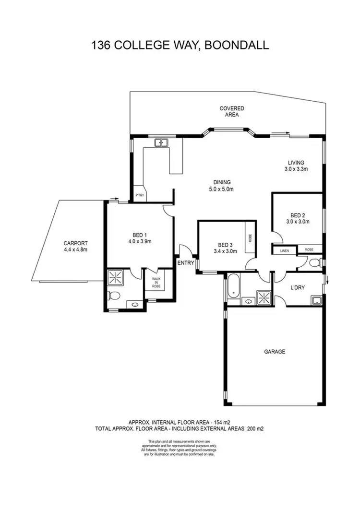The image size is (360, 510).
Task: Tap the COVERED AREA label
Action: pyautogui.click(x=232, y=111)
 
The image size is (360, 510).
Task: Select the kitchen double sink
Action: pyautogui.click(x=160, y=142)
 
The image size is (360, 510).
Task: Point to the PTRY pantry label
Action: pyautogui.click(x=140, y=195)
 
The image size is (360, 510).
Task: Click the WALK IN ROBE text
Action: pyautogui.click(x=156, y=282)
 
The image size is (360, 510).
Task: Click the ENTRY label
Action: pyautogui.click(x=185, y=263)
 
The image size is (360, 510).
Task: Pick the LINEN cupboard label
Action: pyautogui.click(x=284, y=250)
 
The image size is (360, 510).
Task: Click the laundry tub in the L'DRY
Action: pyautogui.click(x=316, y=301)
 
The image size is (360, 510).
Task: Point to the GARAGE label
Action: pyautogui.click(x=275, y=352)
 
